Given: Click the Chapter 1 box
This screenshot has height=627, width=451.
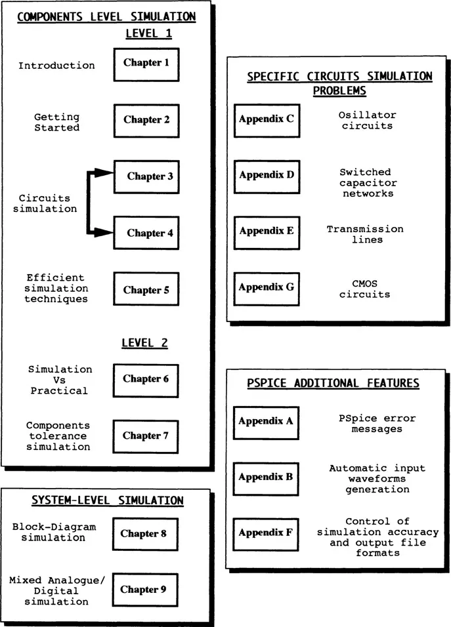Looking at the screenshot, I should [x=146, y=64].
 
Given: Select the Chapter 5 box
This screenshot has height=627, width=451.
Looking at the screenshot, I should [x=146, y=290].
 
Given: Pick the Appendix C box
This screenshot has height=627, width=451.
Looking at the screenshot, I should [x=267, y=119].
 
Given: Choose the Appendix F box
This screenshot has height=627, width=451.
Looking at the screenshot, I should [x=267, y=533].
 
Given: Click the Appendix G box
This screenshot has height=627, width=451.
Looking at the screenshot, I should [x=267, y=287].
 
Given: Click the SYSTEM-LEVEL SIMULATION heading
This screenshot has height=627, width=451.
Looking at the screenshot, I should [x=108, y=501].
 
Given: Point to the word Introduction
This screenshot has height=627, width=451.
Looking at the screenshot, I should [x=56, y=66].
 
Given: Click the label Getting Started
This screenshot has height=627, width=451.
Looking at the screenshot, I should [x=57, y=123].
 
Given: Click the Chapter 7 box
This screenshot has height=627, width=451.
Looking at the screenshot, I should [x=146, y=435].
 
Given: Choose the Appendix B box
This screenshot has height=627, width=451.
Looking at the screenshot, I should [x=267, y=477].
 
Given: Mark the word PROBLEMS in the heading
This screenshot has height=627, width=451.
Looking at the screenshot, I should [x=339, y=91].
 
